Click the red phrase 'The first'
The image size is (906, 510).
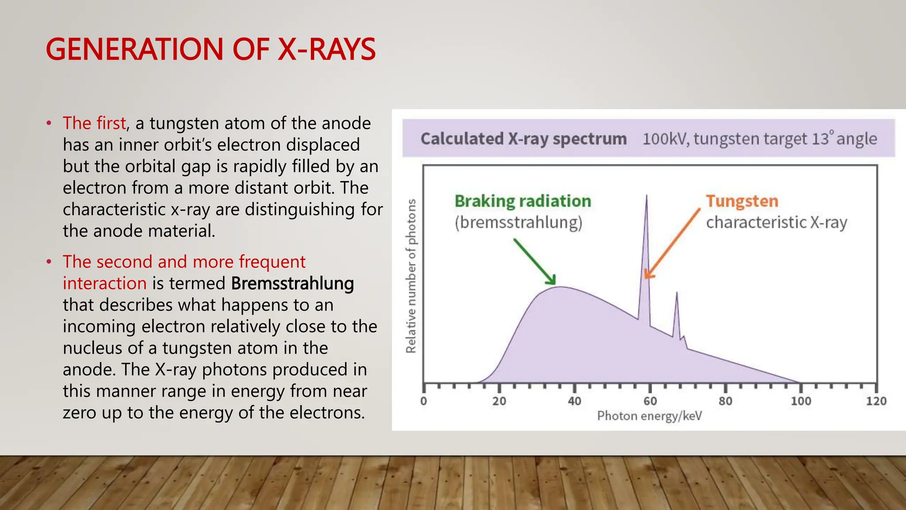click(94, 123)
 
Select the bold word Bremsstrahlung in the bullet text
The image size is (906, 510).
click(292, 283)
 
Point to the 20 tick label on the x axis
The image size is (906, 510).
click(499, 401)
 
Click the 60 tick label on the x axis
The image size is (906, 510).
click(650, 401)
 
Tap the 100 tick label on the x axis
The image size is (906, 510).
click(801, 401)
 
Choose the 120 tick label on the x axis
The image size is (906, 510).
click(876, 401)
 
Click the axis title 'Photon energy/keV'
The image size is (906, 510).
click(649, 416)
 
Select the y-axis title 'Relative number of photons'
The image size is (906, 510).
click(411, 276)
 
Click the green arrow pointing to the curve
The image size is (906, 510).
click(534, 262)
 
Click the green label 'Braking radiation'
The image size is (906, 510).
click(522, 201)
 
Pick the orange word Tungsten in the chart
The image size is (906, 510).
click(742, 201)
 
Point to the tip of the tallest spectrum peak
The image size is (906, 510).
click(646, 196)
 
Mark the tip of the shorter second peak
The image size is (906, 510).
click(676, 293)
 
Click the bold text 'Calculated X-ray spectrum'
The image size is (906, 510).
click(523, 139)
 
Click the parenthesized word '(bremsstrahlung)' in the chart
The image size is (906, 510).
click(518, 222)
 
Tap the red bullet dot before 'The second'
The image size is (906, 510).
click(49, 262)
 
